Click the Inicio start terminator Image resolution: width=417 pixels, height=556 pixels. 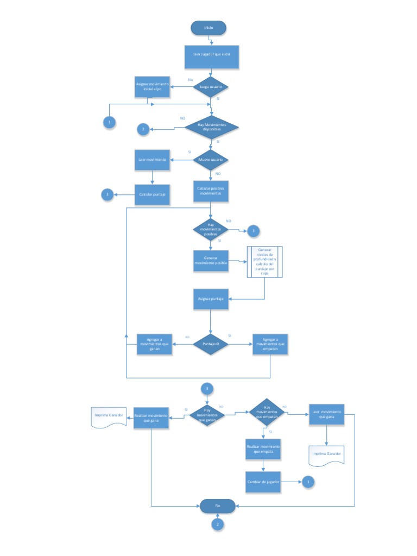pyautogui.click(x=208, y=28)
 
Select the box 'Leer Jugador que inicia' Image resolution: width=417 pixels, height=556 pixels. pyautogui.click(x=211, y=56)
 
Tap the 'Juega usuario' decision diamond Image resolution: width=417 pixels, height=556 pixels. pyautogui.click(x=211, y=87)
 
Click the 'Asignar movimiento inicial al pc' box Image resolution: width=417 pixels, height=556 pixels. pyautogui.click(x=152, y=87)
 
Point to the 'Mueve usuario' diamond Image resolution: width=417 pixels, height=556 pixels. pyautogui.click(x=211, y=160)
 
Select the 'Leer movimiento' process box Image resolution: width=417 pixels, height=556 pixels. pyautogui.click(x=152, y=160)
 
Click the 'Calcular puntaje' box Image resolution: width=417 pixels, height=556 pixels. pyautogui.click(x=152, y=194)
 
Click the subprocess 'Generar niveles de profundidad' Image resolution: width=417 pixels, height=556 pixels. pyautogui.click(x=265, y=262)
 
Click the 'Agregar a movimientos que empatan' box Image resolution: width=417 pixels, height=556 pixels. pyautogui.click(x=270, y=344)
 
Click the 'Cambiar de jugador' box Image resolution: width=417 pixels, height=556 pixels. pyautogui.click(x=263, y=481)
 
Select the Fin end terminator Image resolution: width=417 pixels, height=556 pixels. pyautogui.click(x=217, y=506)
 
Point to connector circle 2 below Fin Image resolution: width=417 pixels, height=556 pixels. pyautogui.click(x=217, y=525)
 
